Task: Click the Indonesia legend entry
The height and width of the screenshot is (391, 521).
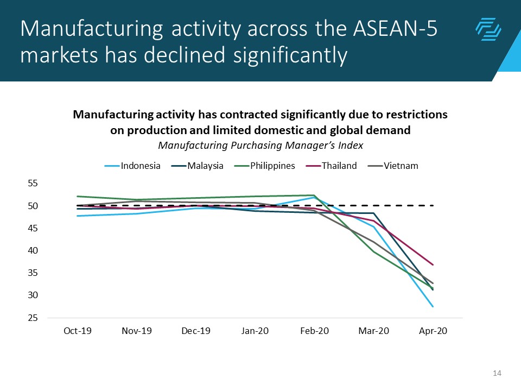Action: coord(141,166)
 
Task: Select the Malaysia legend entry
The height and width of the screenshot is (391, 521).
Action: coord(205,166)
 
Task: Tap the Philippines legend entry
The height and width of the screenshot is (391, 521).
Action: coord(272,166)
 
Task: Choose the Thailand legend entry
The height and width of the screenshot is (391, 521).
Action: coord(339,166)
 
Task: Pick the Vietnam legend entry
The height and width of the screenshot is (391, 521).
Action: coord(401,166)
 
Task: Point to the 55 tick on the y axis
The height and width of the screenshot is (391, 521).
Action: coord(33,184)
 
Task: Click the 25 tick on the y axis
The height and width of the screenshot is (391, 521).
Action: coord(33,318)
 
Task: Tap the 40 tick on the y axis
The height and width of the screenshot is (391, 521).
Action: coord(33,251)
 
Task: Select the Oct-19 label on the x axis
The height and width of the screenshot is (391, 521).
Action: coord(78,331)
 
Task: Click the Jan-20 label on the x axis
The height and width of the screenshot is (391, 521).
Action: coord(256,331)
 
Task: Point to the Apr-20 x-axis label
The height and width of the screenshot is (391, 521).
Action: coord(433,331)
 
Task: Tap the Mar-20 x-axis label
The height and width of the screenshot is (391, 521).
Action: coord(374,331)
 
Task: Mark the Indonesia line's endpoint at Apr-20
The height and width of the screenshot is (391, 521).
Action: coord(433,307)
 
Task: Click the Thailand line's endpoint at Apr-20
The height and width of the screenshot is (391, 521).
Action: coord(433,265)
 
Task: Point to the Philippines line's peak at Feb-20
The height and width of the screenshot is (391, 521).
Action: coord(314,195)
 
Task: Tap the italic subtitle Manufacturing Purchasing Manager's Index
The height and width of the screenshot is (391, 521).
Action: coord(260,146)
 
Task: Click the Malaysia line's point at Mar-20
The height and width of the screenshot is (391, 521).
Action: coord(374,213)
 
